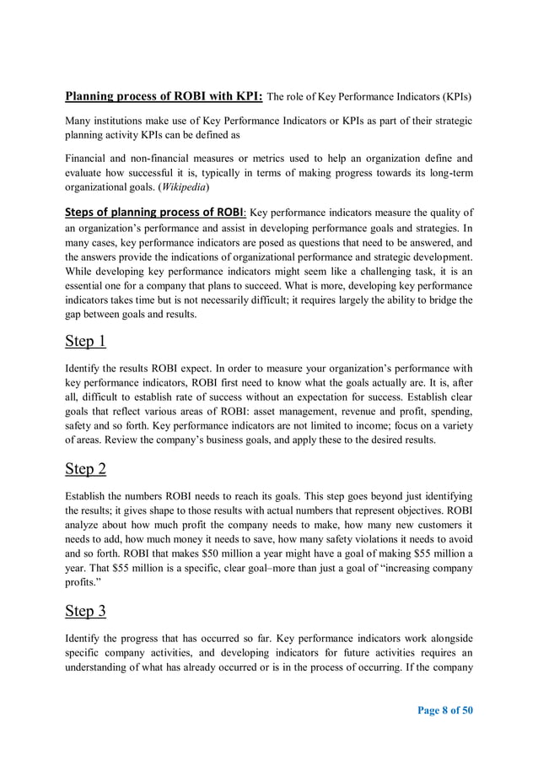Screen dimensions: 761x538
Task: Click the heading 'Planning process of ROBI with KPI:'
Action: click(164, 94)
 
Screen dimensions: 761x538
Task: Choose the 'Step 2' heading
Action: click(85, 468)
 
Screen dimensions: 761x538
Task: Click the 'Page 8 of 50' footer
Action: click(445, 710)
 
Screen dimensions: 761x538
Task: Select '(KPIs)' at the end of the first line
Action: click(455, 95)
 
